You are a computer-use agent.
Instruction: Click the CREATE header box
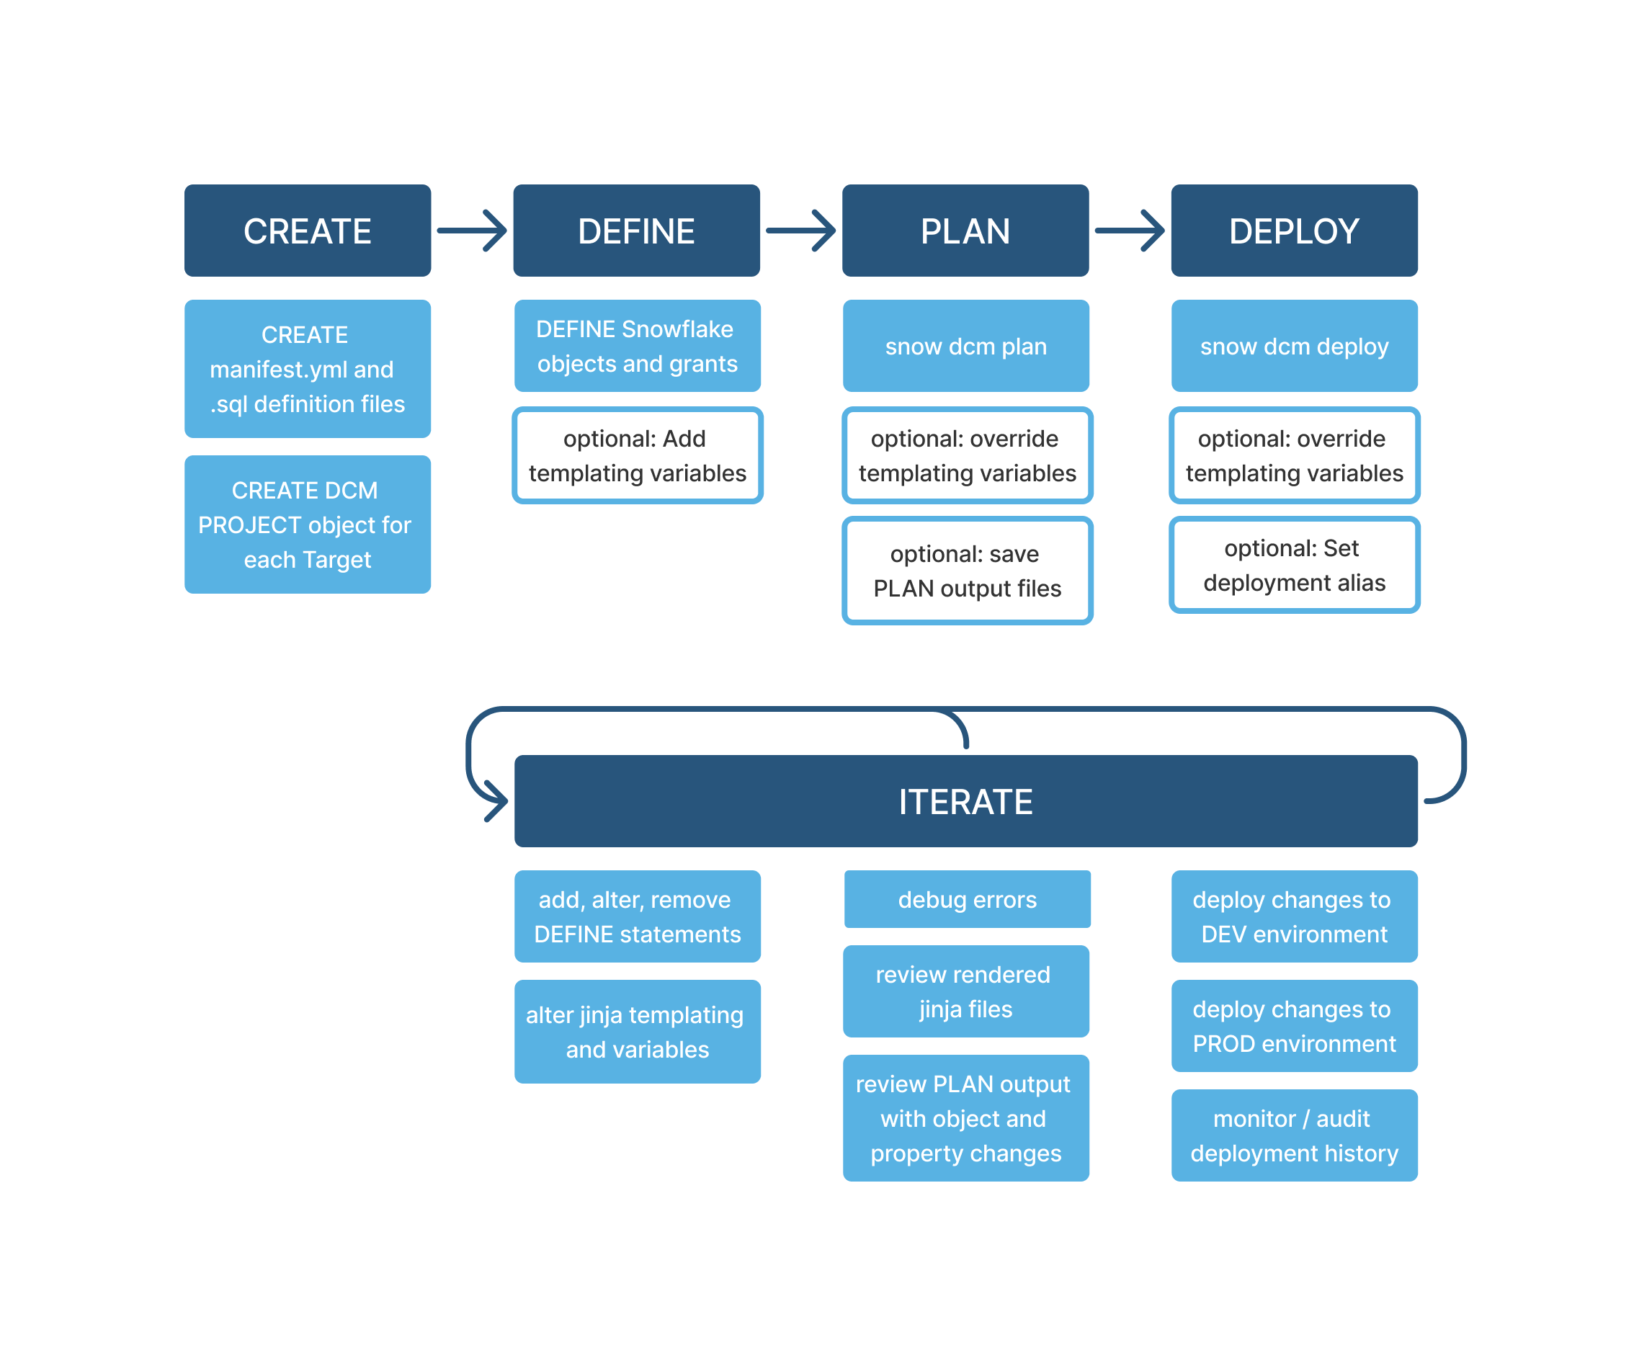click(308, 231)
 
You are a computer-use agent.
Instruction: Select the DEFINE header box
click(636, 231)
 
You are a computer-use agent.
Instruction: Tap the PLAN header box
click(965, 231)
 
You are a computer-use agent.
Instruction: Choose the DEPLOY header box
click(1294, 231)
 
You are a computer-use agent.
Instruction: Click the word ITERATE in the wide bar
click(965, 802)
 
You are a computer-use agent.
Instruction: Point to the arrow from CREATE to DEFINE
click(472, 231)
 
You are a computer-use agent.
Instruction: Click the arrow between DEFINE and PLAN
click(801, 231)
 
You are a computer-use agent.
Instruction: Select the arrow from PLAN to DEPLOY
click(1130, 231)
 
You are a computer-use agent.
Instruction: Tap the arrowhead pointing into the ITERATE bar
click(498, 801)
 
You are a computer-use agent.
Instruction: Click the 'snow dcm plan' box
click(966, 347)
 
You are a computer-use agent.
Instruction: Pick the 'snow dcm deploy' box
click(1294, 347)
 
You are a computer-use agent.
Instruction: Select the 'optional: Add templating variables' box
click(637, 455)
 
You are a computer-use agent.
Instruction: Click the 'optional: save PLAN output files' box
click(967, 571)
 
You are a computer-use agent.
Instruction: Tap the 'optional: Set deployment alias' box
click(1294, 565)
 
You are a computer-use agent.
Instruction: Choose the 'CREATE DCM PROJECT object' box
click(308, 524)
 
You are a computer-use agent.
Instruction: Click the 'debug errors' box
click(967, 899)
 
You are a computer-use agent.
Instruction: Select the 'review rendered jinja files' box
click(966, 991)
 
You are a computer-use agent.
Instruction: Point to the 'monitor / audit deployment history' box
click(1294, 1135)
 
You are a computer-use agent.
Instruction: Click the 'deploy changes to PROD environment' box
click(1294, 1026)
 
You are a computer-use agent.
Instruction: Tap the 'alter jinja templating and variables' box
click(637, 1032)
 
